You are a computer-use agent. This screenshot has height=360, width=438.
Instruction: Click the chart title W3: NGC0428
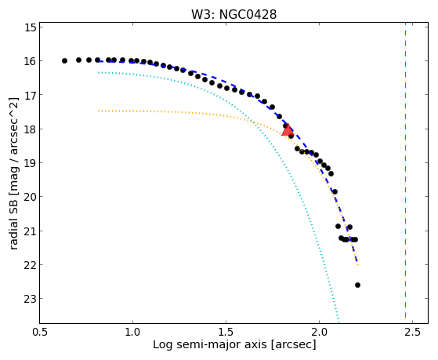pos(233,14)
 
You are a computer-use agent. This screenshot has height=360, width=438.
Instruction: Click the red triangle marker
pos(288,129)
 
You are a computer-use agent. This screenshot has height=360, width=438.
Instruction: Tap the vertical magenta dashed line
pos(405,173)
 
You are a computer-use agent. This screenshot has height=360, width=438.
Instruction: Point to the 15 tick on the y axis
pos(41,27)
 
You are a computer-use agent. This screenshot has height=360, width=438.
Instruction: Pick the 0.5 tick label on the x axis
pos(40,332)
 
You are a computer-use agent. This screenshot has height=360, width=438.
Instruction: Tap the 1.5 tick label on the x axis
pos(226,332)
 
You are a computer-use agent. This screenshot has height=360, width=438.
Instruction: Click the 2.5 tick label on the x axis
pos(412,332)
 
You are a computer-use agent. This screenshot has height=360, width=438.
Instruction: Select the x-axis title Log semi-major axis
pos(210,344)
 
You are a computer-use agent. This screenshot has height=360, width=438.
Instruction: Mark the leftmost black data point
pos(64,60)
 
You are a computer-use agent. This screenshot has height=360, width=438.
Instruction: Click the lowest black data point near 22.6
pos(357,285)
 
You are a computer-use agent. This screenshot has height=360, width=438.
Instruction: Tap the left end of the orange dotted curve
pos(98,111)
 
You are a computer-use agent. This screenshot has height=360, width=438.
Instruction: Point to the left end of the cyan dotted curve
pos(98,72)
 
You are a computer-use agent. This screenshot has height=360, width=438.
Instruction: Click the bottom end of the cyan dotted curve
pos(338,322)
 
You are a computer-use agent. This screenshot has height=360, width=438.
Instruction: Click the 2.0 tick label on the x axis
pos(319,332)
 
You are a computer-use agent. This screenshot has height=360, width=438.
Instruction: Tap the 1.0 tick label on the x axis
pos(132,332)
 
